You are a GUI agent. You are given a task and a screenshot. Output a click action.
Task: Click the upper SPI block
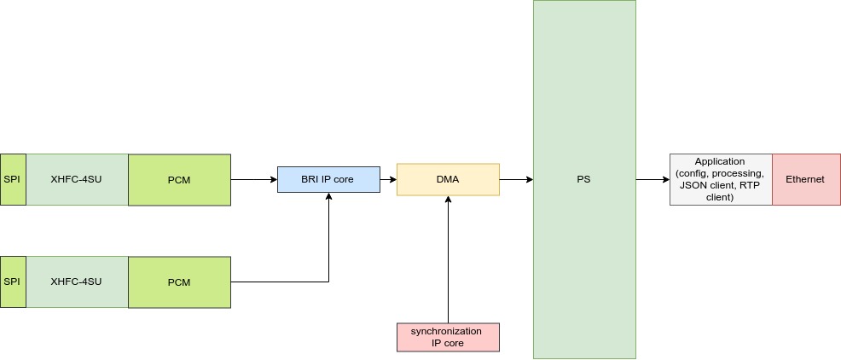pyautogui.click(x=12, y=180)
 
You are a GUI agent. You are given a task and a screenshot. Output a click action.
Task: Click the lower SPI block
pyautogui.click(x=12, y=282)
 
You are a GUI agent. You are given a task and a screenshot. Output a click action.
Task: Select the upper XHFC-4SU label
pyautogui.click(x=76, y=180)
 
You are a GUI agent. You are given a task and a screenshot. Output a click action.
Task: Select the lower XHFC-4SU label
pyautogui.click(x=76, y=282)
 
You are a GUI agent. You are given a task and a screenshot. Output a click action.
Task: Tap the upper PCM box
pyautogui.click(x=179, y=180)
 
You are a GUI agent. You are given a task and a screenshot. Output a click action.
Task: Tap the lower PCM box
pyautogui.click(x=179, y=282)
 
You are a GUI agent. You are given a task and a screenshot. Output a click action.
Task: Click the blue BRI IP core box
pyautogui.click(x=328, y=180)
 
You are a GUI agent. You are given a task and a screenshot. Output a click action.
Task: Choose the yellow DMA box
pyautogui.click(x=448, y=180)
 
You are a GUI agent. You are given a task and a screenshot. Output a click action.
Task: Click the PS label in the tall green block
pyautogui.click(x=583, y=180)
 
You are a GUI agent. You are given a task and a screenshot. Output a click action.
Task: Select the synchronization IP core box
pyautogui.click(x=448, y=337)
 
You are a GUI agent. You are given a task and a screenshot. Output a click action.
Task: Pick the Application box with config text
pyautogui.click(x=721, y=180)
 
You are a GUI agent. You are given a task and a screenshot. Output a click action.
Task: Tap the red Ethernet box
pyautogui.click(x=805, y=180)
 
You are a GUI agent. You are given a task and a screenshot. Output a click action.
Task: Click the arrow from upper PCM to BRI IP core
pyautogui.click(x=253, y=180)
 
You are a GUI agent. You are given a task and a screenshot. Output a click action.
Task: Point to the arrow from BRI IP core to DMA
pyautogui.click(x=388, y=180)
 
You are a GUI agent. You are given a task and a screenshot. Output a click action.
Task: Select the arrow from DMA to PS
pyautogui.click(x=515, y=180)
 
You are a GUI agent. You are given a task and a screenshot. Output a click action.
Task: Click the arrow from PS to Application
pyautogui.click(x=652, y=180)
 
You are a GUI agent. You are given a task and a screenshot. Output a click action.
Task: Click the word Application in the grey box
pyautogui.click(x=720, y=161)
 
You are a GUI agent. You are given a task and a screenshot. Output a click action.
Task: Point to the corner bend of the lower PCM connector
pyautogui.click(x=328, y=282)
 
